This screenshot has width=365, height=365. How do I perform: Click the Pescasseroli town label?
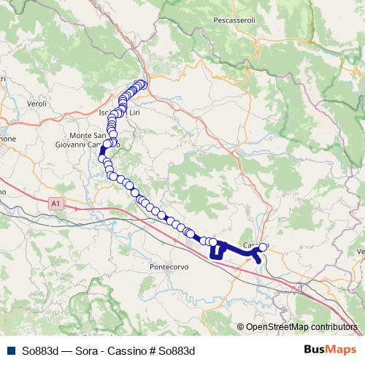(x=234, y=20)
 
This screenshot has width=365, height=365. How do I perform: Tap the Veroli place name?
(x=36, y=104)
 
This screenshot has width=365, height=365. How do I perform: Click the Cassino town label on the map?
(x=255, y=245)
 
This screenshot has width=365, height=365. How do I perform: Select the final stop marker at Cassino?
(x=263, y=247)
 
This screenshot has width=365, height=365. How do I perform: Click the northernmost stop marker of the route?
(x=143, y=84)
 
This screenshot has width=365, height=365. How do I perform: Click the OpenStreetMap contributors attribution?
(x=301, y=327)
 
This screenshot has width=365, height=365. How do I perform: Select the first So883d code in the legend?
(x=41, y=350)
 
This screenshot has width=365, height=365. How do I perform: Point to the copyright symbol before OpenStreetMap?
(x=240, y=327)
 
